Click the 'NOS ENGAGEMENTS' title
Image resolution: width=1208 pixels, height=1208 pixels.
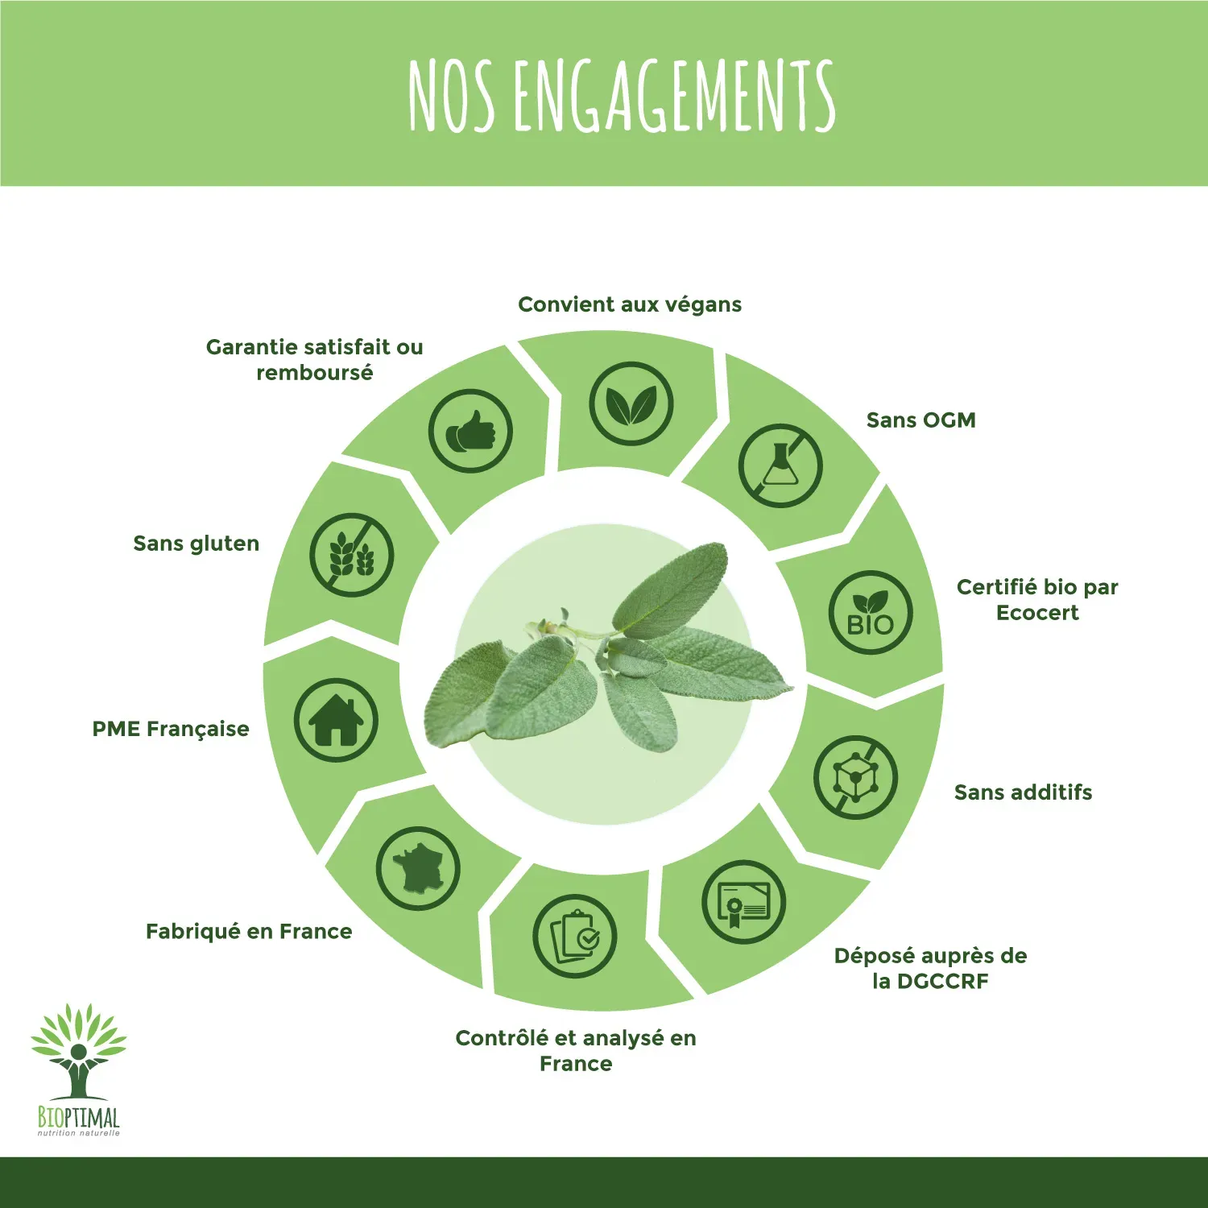coord(622,95)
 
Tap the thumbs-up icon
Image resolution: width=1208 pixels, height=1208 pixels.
coord(470,431)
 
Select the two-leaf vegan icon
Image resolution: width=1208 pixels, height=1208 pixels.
coord(631,403)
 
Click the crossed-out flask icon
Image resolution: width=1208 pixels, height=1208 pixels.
coord(780,465)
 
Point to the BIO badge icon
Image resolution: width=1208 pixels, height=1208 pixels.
coord(871,612)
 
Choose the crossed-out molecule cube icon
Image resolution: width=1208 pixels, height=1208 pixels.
coord(855,777)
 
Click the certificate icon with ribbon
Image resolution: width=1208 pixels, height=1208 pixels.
coord(743,902)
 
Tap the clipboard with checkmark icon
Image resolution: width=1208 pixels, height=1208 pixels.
coord(574,937)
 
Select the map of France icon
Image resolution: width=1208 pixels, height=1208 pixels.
coord(418,868)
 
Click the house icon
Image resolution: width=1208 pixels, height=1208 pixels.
coord(336,720)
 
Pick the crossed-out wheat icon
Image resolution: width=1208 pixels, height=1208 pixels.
coord(351,555)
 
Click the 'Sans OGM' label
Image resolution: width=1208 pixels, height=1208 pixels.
coord(921,420)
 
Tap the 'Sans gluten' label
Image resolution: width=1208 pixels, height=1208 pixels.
coord(197,544)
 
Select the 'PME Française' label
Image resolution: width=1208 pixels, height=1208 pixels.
coord(171,729)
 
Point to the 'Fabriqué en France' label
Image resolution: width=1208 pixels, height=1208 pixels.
coord(249,932)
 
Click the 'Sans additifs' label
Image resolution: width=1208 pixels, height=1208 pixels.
coord(1024,792)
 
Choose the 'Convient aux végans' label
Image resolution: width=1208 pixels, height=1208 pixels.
coord(630,304)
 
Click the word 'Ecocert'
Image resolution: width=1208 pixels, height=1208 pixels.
coord(1037,613)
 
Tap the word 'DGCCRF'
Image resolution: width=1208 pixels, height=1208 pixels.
coord(942,982)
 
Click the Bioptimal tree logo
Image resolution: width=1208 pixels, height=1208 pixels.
coord(79,1069)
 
